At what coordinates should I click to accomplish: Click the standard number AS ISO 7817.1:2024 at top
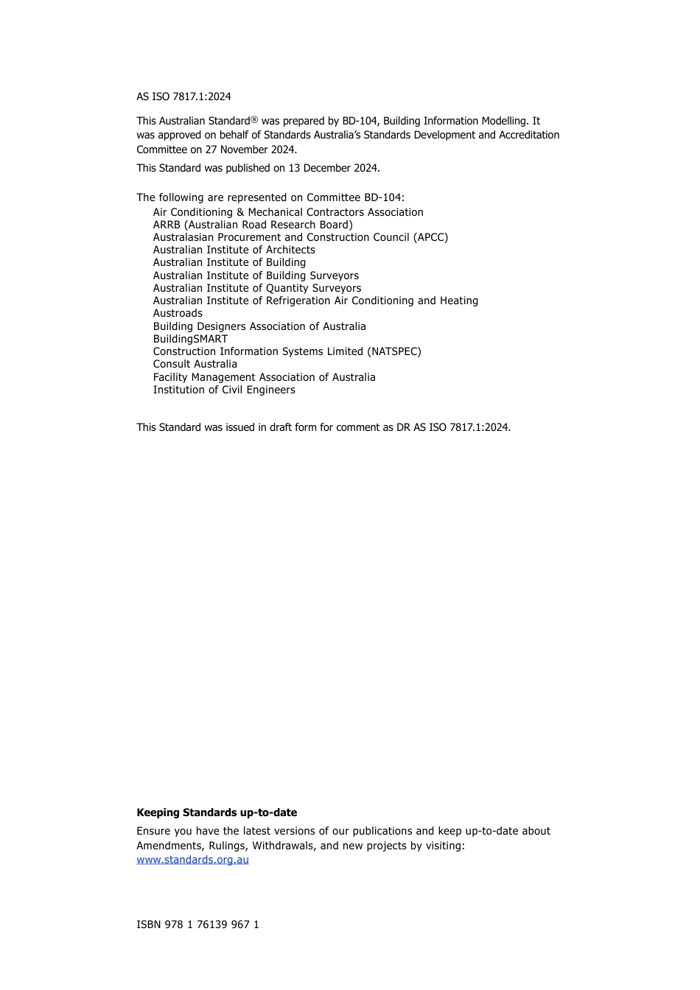coord(183,96)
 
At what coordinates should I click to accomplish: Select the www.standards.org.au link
coord(192,860)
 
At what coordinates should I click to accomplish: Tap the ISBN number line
coord(197,924)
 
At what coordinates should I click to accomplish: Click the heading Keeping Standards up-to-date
coord(217,812)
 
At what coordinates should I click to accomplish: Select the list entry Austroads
coord(178,313)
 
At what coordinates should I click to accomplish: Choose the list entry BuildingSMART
coord(190,339)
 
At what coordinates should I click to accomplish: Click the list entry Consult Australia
coord(195,364)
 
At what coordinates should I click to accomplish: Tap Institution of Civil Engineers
coord(224,390)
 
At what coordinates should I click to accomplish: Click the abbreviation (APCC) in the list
coord(430,237)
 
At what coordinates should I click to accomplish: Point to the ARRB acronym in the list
coord(167,225)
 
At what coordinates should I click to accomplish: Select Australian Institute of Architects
coord(234,250)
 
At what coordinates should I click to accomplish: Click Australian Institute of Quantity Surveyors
coord(257,288)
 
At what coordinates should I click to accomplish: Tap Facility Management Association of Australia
coord(264,377)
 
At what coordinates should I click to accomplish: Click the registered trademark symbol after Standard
coord(254,119)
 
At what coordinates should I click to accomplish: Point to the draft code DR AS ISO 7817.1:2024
coord(452,427)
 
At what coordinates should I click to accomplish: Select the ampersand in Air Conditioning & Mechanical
coord(240,212)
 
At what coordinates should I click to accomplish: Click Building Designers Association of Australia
coord(259,326)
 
